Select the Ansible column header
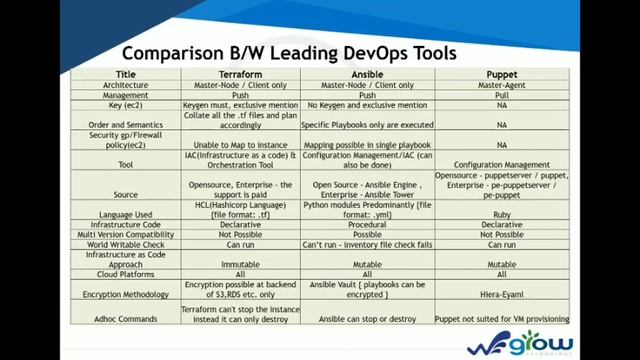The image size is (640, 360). (367, 74)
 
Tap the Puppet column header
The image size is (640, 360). (501, 74)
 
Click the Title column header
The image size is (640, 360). (125, 74)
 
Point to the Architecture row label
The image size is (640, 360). (125, 85)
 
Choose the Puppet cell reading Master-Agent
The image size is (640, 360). (501, 85)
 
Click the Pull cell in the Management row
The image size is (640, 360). (501, 95)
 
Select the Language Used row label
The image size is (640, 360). (125, 213)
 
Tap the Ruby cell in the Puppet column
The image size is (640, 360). (501, 213)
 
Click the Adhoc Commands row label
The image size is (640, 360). (125, 319)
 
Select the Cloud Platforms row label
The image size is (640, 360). (125, 273)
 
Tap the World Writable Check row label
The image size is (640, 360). (125, 244)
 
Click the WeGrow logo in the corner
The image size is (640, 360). (520, 339)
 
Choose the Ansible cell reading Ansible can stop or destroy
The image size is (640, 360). (367, 319)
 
